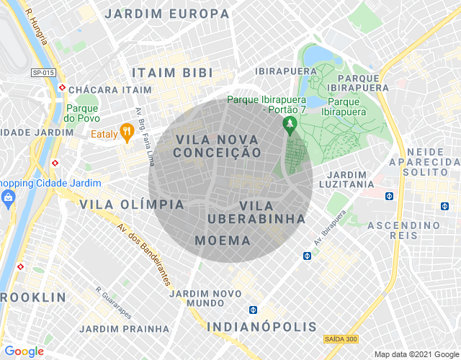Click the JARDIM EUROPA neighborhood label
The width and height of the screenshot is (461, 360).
tap(166, 14)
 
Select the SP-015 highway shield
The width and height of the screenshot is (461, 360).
tap(42, 72)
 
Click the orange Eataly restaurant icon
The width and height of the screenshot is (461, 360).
tap(126, 131)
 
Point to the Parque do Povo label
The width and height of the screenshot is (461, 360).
tap(81, 112)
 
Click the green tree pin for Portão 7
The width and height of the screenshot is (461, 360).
tap(290, 125)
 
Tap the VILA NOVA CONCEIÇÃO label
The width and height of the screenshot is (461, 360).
tap(218, 145)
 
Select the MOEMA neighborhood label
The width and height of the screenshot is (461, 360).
tap(223, 240)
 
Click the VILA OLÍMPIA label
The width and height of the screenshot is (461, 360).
tap(132, 204)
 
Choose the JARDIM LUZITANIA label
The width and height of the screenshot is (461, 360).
tap(350, 179)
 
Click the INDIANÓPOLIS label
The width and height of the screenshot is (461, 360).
tap(261, 327)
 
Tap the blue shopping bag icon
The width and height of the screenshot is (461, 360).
tap(9, 197)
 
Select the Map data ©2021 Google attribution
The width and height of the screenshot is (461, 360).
tap(415, 354)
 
